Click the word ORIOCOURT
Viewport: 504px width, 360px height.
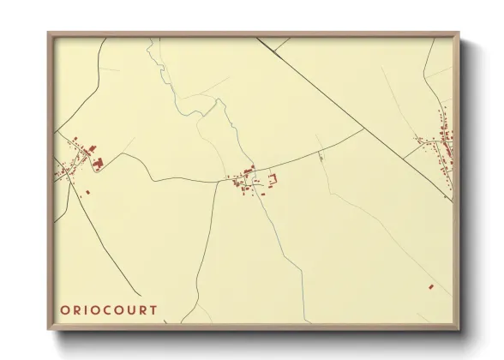pos(110,309)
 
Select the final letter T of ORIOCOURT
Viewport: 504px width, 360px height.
pos(153,309)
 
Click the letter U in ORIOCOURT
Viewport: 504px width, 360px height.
pos(131,309)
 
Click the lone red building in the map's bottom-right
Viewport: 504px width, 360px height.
pos(432,285)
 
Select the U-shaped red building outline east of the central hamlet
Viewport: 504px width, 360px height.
pos(274,178)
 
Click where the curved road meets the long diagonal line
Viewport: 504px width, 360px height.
pos(363,129)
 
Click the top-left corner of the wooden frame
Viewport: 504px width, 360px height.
pos(49,34)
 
